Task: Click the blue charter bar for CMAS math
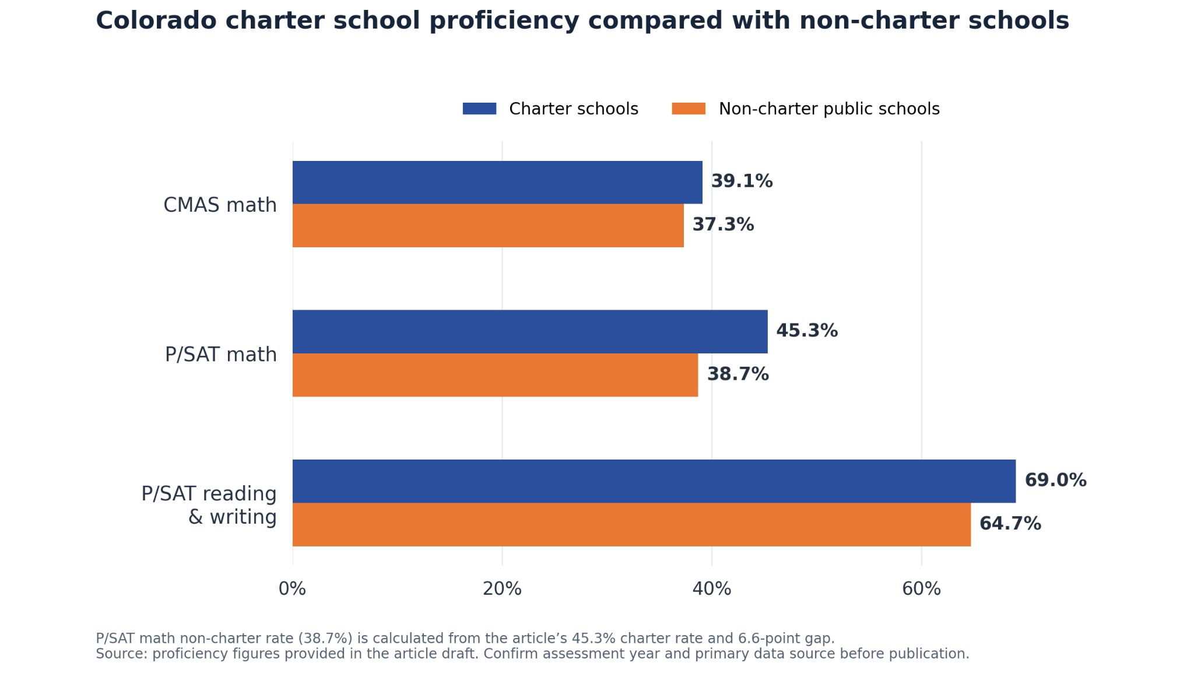click(497, 183)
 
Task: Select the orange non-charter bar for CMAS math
click(488, 226)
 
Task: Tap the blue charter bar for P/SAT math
click(530, 332)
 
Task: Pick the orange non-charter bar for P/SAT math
click(495, 375)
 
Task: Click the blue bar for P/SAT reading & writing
click(654, 481)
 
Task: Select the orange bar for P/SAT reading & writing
click(631, 524)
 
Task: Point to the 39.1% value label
click(742, 181)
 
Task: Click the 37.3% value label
click(723, 225)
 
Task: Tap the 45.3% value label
click(807, 331)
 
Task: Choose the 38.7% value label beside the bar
click(738, 374)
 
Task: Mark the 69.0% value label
click(1055, 481)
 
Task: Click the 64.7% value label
click(1010, 524)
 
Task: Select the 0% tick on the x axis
click(292, 589)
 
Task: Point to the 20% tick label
click(502, 589)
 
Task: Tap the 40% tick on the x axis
click(712, 589)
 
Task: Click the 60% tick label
click(921, 589)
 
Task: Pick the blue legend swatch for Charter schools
click(479, 109)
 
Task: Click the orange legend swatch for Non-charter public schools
click(689, 109)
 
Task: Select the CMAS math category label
click(220, 205)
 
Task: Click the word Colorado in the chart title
click(156, 21)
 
